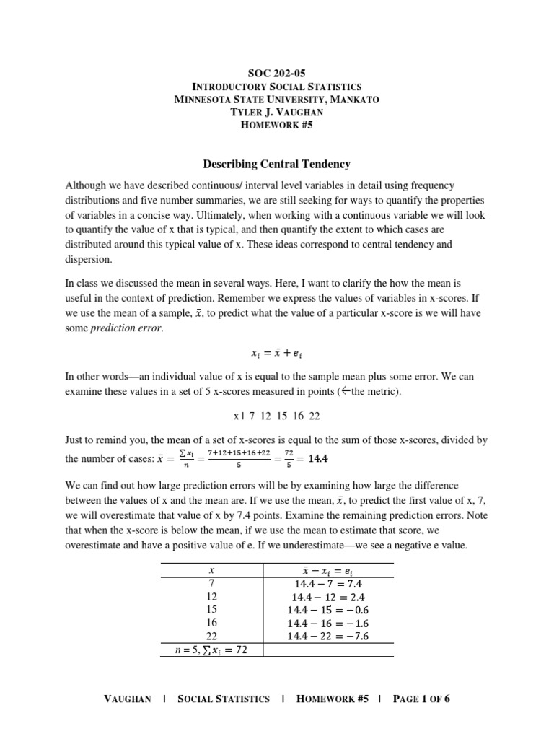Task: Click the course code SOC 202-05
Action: (x=276, y=72)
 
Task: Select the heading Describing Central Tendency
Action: (x=276, y=164)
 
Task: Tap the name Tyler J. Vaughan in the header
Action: (x=276, y=112)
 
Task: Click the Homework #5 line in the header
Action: (x=276, y=125)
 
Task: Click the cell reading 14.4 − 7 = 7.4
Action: (x=327, y=583)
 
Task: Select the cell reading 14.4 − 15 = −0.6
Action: (x=327, y=610)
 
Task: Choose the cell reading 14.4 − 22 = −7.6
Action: (x=327, y=636)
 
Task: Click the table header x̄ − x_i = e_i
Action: (x=327, y=569)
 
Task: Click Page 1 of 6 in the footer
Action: (x=421, y=699)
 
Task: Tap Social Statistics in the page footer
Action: (x=224, y=699)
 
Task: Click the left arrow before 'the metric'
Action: (x=345, y=391)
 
